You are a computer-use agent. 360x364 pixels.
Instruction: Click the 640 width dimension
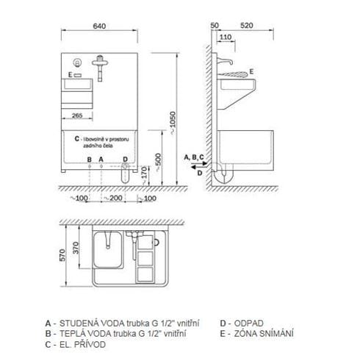click(x=99, y=26)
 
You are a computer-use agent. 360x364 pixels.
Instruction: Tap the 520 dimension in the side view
click(x=247, y=26)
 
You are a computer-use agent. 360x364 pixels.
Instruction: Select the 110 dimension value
click(x=226, y=37)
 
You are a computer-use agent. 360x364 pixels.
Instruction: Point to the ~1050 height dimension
click(x=173, y=123)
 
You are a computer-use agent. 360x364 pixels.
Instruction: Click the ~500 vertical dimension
click(x=159, y=162)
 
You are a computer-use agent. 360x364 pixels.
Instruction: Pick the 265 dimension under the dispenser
click(x=77, y=115)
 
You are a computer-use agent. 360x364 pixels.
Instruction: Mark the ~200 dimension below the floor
click(x=114, y=198)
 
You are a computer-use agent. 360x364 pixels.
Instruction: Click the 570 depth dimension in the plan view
click(x=62, y=255)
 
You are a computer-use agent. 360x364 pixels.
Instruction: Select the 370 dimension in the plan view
click(x=76, y=248)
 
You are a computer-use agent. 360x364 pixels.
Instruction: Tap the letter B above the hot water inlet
click(x=90, y=160)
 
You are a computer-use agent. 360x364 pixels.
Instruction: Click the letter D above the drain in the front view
click(x=125, y=160)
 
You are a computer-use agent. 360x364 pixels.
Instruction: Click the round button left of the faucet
click(x=77, y=63)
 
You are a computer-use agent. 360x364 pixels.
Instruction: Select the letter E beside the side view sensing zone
click(x=251, y=71)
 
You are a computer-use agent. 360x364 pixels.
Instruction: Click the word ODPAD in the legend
click(x=249, y=324)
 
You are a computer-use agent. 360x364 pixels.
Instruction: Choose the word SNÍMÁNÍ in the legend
click(x=276, y=333)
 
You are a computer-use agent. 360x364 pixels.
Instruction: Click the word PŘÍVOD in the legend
click(x=90, y=344)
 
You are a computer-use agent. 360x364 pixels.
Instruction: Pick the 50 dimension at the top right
click(x=215, y=26)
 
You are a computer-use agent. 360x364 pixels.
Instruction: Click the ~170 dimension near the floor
click(x=144, y=175)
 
